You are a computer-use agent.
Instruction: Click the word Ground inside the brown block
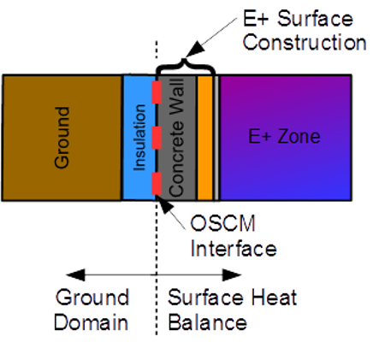point(62,138)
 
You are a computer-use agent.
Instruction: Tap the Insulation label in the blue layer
point(141,137)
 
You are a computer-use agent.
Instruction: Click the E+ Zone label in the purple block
point(285,137)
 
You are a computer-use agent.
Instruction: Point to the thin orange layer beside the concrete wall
point(206,138)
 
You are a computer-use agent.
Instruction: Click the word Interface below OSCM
point(233,250)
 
